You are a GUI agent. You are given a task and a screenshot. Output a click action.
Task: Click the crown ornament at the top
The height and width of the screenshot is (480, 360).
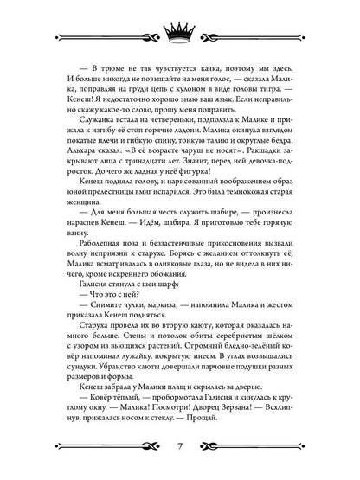tap(179, 27)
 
